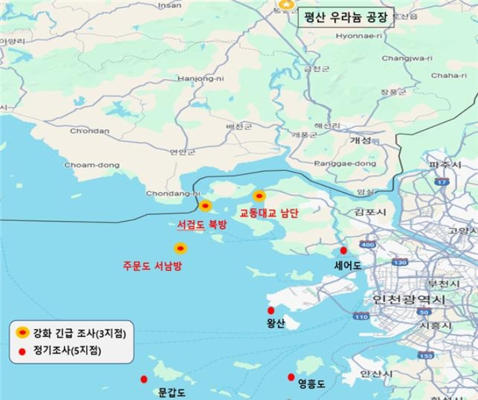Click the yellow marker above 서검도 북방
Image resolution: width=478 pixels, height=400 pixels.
coord(206,205)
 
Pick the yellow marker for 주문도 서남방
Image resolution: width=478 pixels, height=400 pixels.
coord(180,247)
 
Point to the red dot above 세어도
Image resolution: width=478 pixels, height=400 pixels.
coord(344,250)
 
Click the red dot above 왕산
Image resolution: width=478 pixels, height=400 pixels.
coord(271,310)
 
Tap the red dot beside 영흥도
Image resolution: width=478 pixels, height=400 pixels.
coord(292,376)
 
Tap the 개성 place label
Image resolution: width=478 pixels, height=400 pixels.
coord(361,141)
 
